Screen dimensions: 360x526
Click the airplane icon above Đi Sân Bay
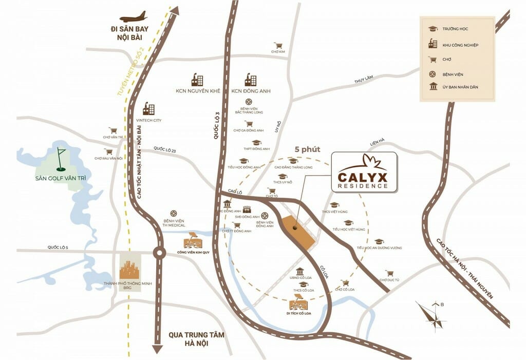(133, 16)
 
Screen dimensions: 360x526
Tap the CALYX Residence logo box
(364, 172)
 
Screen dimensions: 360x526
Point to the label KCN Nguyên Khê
(197, 91)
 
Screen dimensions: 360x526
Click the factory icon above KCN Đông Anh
(251, 80)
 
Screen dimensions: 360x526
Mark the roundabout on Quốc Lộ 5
(159, 252)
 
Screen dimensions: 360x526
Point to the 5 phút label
(307, 149)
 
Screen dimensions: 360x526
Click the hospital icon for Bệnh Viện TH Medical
(174, 213)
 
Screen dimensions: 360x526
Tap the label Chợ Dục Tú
(390, 280)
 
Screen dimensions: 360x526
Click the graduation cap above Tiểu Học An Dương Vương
(379, 241)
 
